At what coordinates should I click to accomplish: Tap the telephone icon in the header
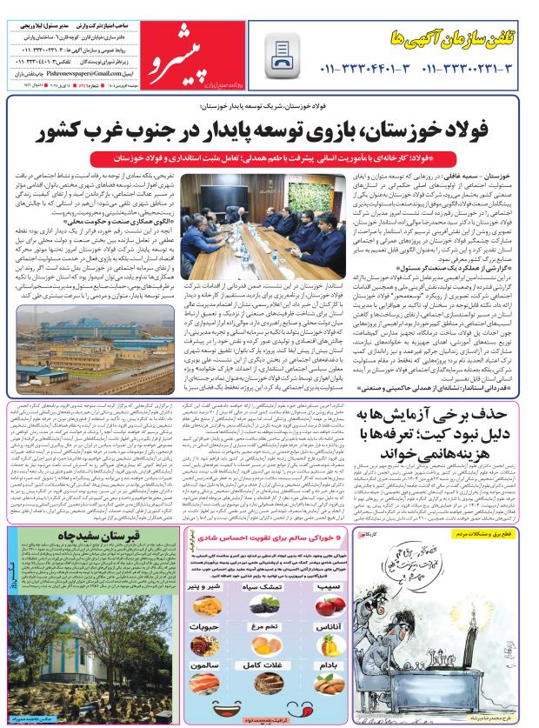283,53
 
